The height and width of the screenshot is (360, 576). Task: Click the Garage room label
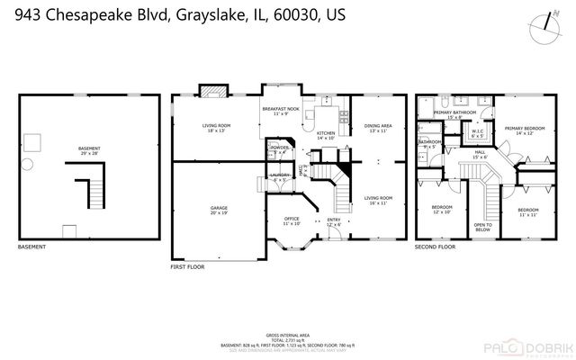(218, 211)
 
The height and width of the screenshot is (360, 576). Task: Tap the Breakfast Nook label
(280, 110)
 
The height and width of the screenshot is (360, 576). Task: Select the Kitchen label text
(325, 135)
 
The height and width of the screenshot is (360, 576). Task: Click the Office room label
(292, 220)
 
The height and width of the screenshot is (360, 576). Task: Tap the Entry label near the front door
(334, 220)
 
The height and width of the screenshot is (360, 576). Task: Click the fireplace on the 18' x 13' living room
(212, 90)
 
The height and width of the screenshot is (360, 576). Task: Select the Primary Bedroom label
(524, 131)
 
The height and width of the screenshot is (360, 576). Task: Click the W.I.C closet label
(478, 135)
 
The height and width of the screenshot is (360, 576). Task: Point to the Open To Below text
(482, 228)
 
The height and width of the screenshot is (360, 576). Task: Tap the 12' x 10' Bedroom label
(441, 211)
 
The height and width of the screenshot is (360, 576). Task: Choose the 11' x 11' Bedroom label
(528, 212)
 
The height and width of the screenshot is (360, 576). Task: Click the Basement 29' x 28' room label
(89, 151)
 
